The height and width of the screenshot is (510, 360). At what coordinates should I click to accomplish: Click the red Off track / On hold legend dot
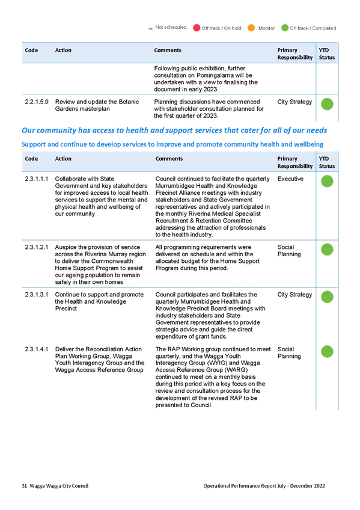(x=197, y=28)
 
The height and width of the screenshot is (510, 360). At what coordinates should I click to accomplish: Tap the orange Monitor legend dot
(x=251, y=28)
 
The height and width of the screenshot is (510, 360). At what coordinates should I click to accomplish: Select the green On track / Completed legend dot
(x=285, y=28)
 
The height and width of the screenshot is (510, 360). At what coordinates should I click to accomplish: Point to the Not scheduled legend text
(x=171, y=27)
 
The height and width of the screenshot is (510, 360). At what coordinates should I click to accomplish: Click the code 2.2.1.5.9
(x=37, y=102)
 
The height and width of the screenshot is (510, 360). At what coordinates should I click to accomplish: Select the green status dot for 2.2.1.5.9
(x=327, y=104)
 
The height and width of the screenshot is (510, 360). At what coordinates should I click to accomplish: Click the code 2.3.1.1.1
(x=37, y=179)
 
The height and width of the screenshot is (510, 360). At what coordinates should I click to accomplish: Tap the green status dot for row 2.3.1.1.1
(x=327, y=181)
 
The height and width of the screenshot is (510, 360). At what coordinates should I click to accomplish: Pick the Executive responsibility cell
(x=290, y=179)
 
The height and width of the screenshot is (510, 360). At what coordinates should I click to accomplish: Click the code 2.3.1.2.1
(x=37, y=247)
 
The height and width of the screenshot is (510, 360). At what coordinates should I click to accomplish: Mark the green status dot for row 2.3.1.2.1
(x=327, y=250)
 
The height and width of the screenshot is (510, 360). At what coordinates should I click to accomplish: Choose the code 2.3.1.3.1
(x=37, y=295)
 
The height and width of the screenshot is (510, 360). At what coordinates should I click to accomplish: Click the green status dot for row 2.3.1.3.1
(x=327, y=297)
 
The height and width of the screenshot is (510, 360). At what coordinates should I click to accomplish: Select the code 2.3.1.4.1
(x=37, y=349)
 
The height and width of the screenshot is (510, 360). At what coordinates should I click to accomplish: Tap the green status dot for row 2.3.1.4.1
(x=327, y=352)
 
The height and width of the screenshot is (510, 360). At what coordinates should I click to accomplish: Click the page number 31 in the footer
(x=25, y=486)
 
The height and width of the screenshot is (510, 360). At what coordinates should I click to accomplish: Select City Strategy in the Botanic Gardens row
(x=294, y=102)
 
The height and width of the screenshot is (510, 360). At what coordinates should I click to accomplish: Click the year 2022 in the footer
(x=319, y=486)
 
